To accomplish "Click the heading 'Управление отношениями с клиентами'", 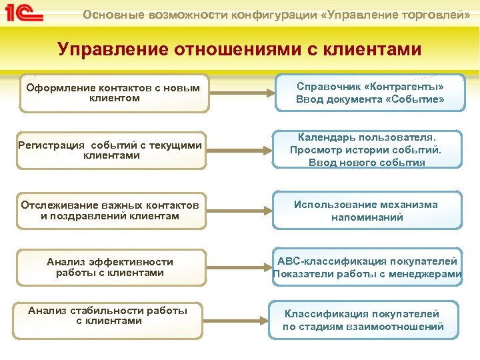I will click(x=239, y=49).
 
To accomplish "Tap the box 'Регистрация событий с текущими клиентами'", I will click(x=111, y=150).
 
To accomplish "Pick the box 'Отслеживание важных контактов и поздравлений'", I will click(x=111, y=210).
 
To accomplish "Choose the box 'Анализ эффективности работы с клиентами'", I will click(x=111, y=267).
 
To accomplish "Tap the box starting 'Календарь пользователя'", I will click(x=367, y=149).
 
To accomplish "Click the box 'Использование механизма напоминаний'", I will click(x=367, y=211).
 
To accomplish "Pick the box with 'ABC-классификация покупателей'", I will click(x=367, y=267).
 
